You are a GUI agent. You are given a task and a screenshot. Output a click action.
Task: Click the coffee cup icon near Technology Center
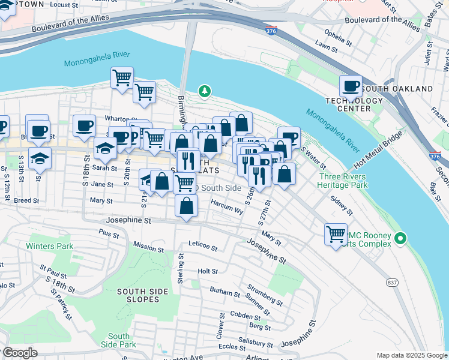click(x=351, y=86)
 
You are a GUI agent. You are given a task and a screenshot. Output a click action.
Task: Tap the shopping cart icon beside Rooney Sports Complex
click(x=336, y=233)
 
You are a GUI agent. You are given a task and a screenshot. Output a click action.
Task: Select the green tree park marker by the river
click(x=205, y=91)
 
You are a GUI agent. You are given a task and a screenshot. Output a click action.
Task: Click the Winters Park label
click(x=49, y=246)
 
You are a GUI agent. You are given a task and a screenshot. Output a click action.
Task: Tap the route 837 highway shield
click(x=391, y=283)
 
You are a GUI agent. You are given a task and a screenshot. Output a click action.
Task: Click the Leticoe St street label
click(x=202, y=245)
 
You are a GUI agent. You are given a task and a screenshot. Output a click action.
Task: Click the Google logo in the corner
click(x=19, y=353)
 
